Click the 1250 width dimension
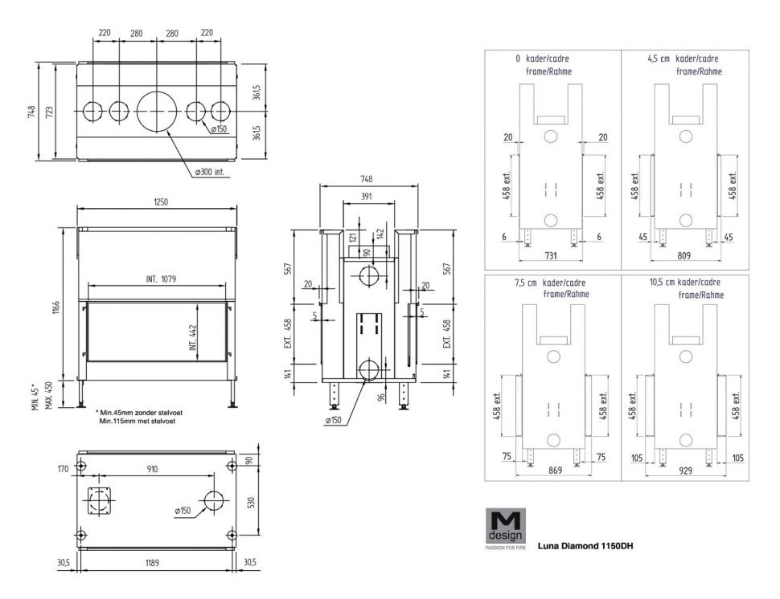coord(158,202)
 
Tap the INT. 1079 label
coord(161,279)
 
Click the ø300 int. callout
coord(212,171)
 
